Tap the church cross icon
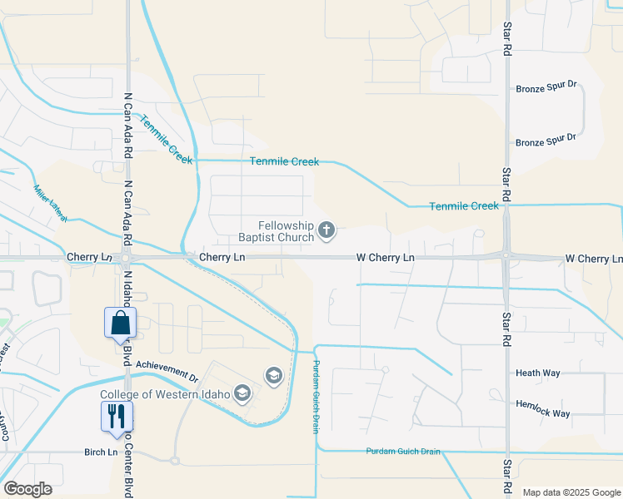(x=326, y=230)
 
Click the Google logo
(x=27, y=489)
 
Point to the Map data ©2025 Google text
(x=571, y=492)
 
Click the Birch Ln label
(x=101, y=452)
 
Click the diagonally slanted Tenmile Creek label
(x=166, y=138)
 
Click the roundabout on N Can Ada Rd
(x=127, y=259)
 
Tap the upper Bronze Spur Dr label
(x=546, y=88)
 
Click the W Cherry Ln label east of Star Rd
(x=593, y=259)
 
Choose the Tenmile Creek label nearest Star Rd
(x=463, y=206)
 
